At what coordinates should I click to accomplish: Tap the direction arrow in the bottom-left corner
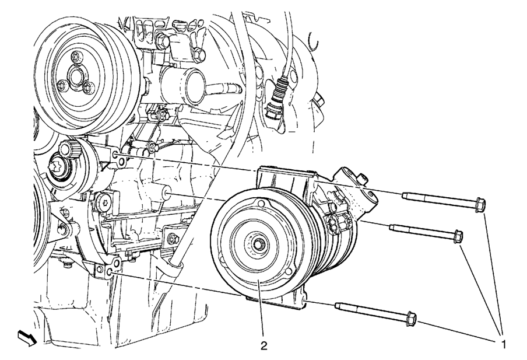pyautogui.click(x=27, y=336)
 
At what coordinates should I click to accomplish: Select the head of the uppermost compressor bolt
pyautogui.click(x=480, y=204)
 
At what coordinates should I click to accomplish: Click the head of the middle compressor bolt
pyautogui.click(x=458, y=236)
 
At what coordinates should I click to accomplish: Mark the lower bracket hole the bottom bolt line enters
pyautogui.click(x=111, y=271)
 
